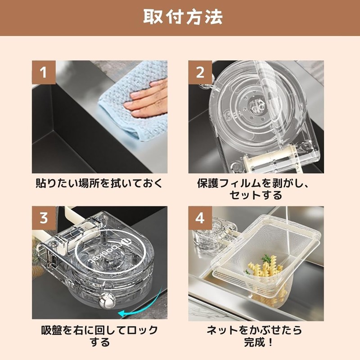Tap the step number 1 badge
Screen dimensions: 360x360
pyautogui.click(x=44, y=72)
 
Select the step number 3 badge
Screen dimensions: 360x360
pyautogui.click(x=44, y=218)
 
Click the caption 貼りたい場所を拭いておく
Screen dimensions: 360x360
pyautogui.click(x=99, y=184)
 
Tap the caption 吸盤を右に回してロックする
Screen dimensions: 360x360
pyautogui.click(x=99, y=336)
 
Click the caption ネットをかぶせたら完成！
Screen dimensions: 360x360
pyautogui.click(x=255, y=336)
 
